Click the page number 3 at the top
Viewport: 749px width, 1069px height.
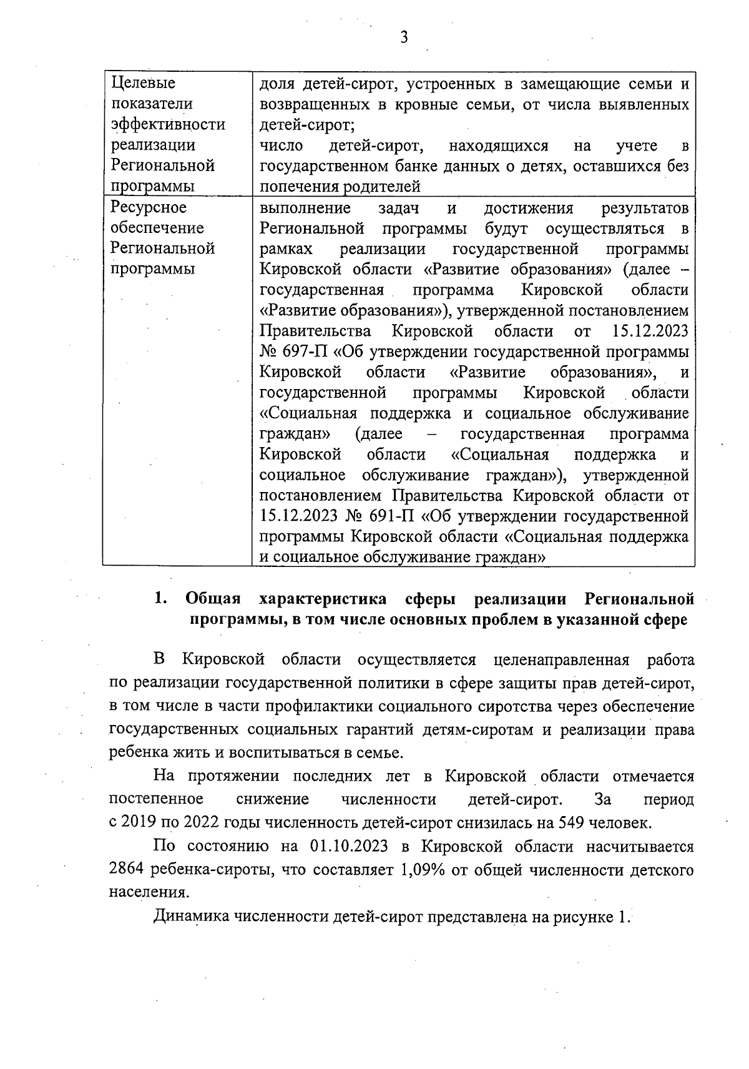click(404, 37)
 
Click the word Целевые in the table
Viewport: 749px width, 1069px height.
click(143, 83)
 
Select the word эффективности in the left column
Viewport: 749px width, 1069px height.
click(168, 124)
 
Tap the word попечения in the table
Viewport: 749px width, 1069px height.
click(293, 187)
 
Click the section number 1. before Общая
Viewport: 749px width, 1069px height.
click(160, 599)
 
